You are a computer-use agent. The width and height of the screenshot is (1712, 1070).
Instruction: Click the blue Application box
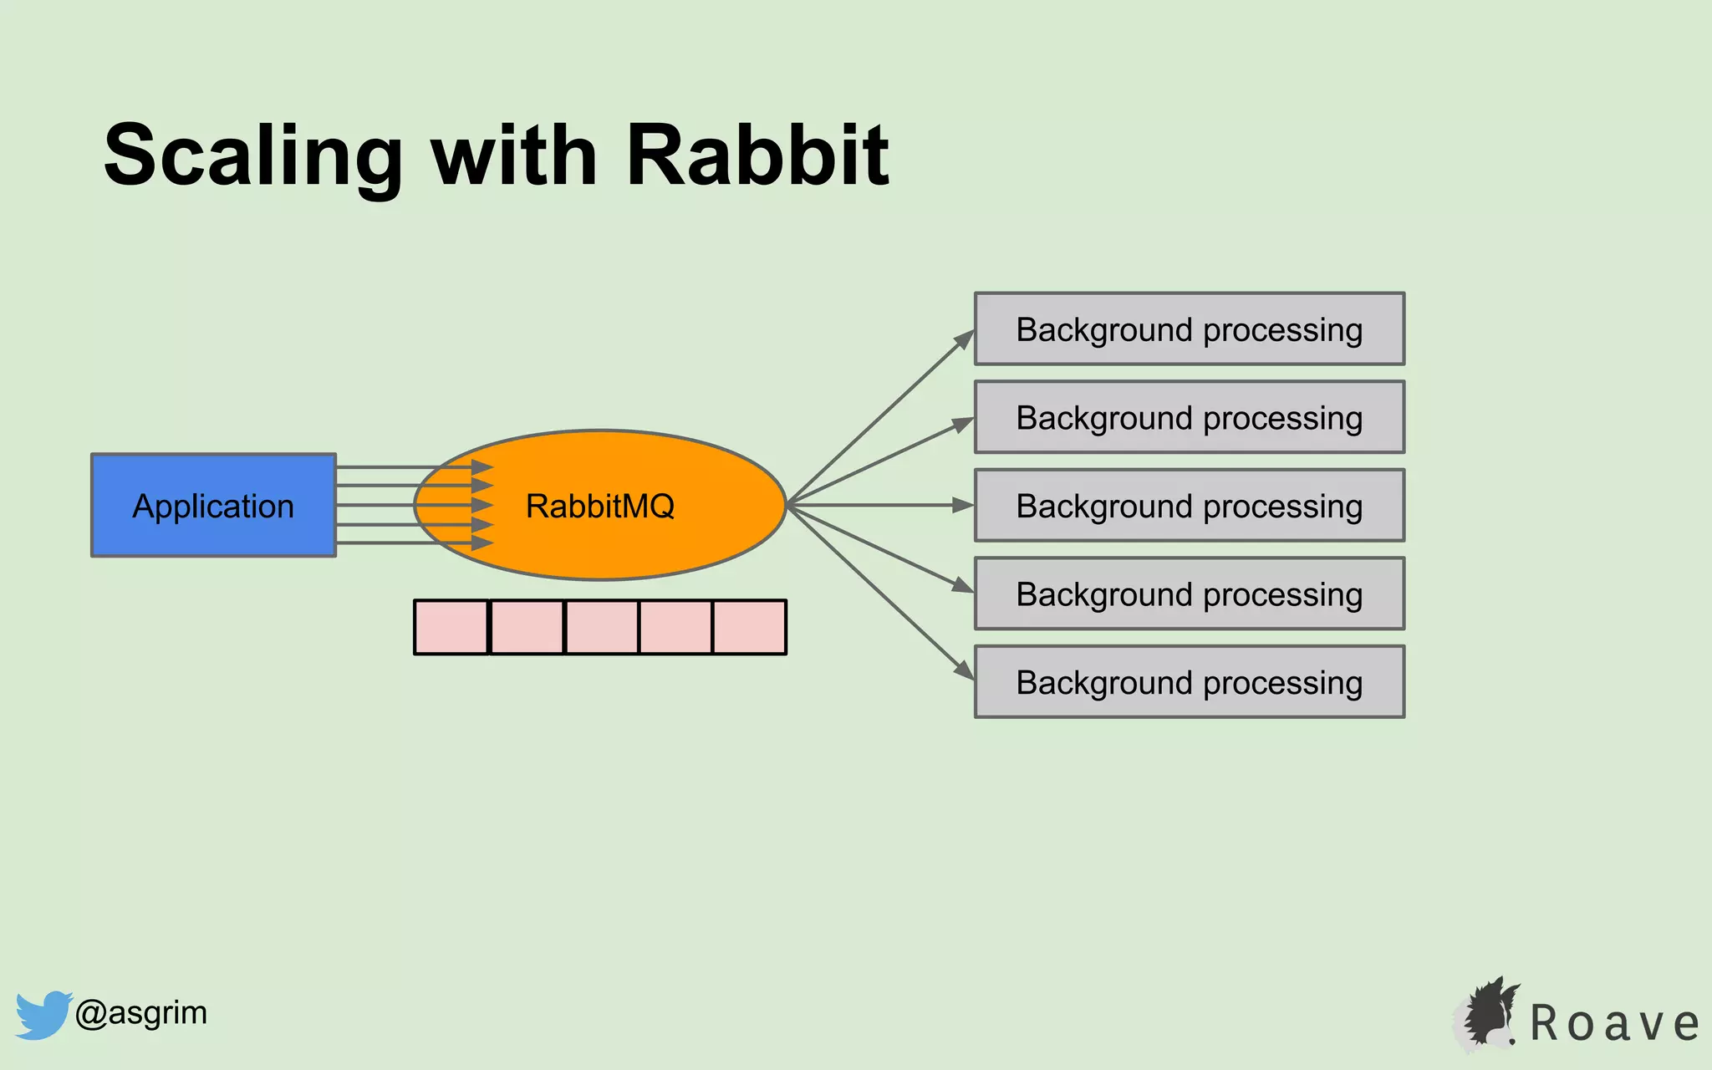tap(213, 506)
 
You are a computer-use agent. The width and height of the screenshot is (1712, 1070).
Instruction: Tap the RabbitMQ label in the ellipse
tap(599, 506)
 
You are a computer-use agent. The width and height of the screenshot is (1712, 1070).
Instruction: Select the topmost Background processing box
tap(1189, 329)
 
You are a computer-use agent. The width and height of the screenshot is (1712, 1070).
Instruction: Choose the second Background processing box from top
tap(1189, 417)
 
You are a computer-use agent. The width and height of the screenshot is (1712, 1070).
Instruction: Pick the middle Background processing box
tap(1189, 506)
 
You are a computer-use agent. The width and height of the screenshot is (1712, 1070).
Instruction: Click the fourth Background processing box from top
tap(1189, 594)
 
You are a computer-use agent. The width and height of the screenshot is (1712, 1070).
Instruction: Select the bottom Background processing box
tap(1189, 682)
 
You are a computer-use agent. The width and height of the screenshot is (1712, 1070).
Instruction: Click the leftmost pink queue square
tap(451, 627)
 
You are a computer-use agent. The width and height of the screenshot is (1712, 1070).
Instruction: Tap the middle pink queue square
tap(601, 627)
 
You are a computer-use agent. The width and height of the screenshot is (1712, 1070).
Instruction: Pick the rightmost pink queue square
tap(750, 627)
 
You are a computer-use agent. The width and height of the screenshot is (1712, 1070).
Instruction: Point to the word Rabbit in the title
tap(757, 155)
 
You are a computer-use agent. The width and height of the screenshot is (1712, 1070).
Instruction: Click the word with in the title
tap(513, 155)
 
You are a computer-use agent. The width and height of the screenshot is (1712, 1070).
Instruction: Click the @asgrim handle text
tap(140, 1013)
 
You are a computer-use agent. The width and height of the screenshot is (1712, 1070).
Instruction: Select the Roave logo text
tap(1613, 1023)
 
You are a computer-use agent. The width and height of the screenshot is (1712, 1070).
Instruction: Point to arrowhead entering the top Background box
tap(966, 339)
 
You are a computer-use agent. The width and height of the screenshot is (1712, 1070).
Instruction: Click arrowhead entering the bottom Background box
tap(965, 670)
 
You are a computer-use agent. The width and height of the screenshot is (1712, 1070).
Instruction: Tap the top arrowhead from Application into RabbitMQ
tap(482, 467)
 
